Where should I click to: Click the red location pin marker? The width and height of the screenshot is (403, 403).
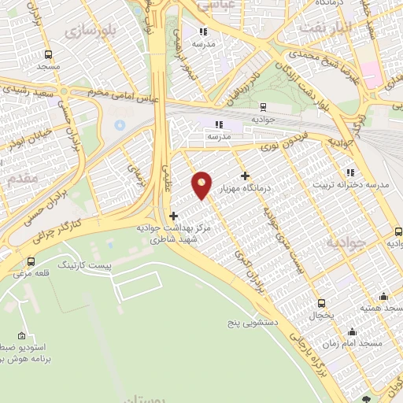(202, 185)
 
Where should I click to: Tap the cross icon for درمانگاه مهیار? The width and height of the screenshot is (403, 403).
(246, 176)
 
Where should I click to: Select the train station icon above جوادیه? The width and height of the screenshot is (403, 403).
(261, 107)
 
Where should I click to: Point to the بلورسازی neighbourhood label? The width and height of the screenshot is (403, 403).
(89, 32)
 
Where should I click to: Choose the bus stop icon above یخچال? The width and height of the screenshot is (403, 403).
(321, 302)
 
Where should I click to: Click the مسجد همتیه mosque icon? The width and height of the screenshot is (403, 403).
(383, 297)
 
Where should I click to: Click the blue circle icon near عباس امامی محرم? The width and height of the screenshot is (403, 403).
(119, 125)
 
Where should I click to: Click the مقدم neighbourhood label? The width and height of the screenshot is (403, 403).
(20, 179)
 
